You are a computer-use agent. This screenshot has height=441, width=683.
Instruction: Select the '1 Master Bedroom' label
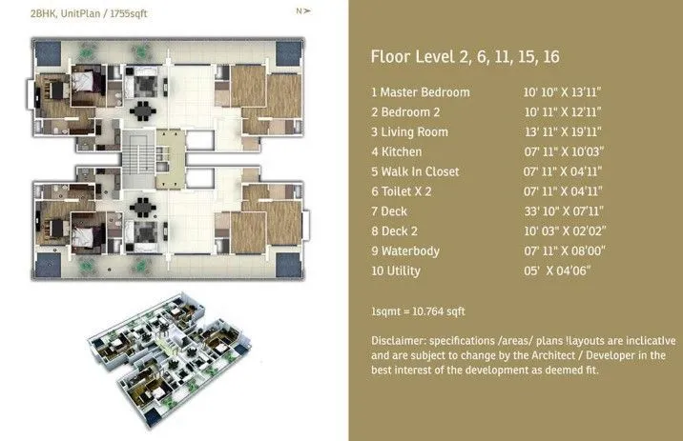click(421, 92)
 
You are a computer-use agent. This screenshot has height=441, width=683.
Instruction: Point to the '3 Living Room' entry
click(409, 132)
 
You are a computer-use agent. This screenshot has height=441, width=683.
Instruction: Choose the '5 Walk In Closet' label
click(415, 172)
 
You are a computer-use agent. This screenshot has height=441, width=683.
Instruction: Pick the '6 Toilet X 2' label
click(404, 191)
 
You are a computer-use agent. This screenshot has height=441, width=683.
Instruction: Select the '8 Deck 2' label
click(396, 231)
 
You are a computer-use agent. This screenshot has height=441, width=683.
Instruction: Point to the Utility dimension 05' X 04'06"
click(548, 271)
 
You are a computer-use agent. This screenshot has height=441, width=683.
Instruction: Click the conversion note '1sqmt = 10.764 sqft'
click(418, 311)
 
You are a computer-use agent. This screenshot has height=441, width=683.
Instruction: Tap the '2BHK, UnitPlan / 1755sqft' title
click(74, 13)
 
